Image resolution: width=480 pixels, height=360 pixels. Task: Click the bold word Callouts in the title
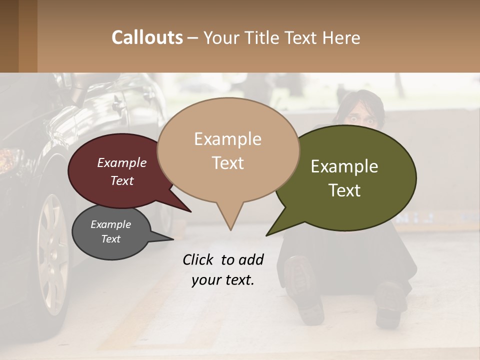147,37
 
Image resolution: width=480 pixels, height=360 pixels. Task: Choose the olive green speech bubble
350,177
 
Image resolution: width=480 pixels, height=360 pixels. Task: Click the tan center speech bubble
228,150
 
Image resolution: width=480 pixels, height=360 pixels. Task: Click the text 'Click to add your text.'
223,270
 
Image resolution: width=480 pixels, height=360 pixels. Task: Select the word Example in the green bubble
344,166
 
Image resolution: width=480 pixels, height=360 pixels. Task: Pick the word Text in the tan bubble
228,163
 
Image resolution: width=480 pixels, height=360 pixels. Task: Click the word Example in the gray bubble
110,225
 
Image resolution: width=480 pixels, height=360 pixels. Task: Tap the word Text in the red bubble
122,180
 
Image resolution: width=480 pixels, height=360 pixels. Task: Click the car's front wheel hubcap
52,255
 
